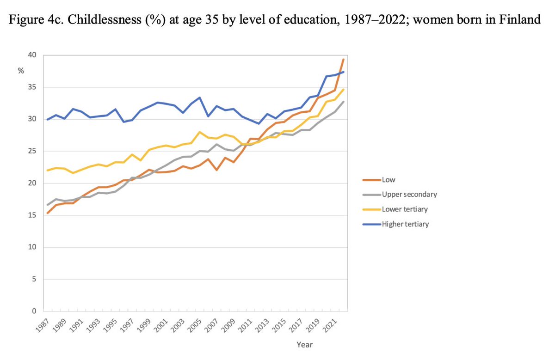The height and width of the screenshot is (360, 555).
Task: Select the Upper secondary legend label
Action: pos(409,194)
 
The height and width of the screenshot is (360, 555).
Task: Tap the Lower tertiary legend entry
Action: pos(404,209)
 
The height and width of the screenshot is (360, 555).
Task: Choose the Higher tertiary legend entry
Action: pos(405,224)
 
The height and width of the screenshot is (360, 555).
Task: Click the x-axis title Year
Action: pos(305,344)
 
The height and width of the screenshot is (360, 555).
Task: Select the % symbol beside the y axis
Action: pos(21,71)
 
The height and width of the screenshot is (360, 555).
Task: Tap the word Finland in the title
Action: pos(523,20)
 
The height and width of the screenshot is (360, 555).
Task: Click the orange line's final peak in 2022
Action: pos(343,59)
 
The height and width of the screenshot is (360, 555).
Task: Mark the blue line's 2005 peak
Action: pos(199,98)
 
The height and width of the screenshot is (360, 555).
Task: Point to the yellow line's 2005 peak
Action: pos(199,132)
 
